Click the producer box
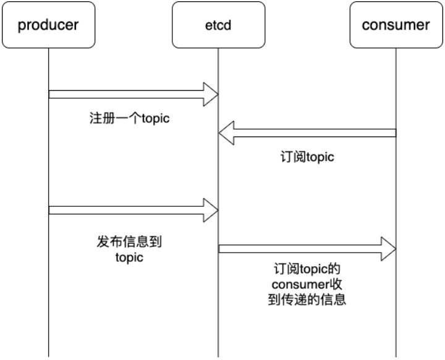tap(48, 25)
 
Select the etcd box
tap(218, 25)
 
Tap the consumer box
tap(396, 25)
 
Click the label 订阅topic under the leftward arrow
tap(307, 157)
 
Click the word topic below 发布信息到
tap(130, 257)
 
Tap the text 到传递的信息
tap(307, 301)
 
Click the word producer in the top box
tap(48, 25)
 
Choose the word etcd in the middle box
tap(218, 25)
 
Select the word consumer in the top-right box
tap(396, 25)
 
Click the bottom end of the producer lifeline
tap(48, 355)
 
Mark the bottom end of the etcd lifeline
tap(218, 355)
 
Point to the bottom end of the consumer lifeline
tap(396, 355)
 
